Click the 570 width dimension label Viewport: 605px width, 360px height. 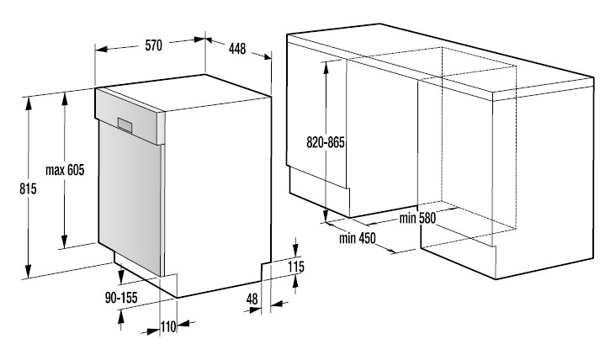pyautogui.click(x=154, y=45)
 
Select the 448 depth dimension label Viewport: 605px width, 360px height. pyautogui.click(x=237, y=49)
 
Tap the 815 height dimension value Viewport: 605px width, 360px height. pyautogui.click(x=28, y=188)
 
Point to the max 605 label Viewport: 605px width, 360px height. pyautogui.click(x=65, y=170)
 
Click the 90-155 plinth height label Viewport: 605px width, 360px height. pyautogui.click(x=121, y=298)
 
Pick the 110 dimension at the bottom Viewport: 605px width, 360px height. pyautogui.click(x=168, y=327)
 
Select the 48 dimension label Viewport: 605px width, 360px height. pyautogui.click(x=252, y=299)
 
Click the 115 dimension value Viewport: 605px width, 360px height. pyautogui.click(x=296, y=267)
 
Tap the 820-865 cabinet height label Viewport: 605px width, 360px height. pyautogui.click(x=326, y=142)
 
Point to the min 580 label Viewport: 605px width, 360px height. pyautogui.click(x=417, y=219)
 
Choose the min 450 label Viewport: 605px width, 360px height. pyautogui.click(x=357, y=238)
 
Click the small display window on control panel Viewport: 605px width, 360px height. pyautogui.click(x=125, y=124)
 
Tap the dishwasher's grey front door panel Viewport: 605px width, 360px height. pyautogui.click(x=130, y=198)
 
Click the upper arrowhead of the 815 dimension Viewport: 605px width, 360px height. pyautogui.click(x=28, y=103)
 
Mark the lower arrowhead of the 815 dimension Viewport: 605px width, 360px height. pyautogui.click(x=28, y=271)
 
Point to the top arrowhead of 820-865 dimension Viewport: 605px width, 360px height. pyautogui.click(x=326, y=67)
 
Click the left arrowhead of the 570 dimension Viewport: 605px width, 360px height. pyautogui.click(x=101, y=49)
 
